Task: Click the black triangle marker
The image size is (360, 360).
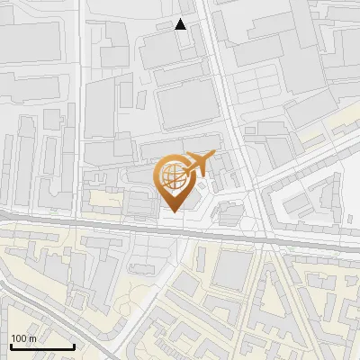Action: [x=181, y=24]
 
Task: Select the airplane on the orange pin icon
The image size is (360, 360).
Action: [x=196, y=163]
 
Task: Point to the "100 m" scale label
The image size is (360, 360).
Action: [x=23, y=338]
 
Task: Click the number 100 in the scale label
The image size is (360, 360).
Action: [x=19, y=338]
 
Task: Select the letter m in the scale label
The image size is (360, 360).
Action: [x=32, y=338]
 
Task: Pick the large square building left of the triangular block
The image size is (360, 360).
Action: [x=231, y=271]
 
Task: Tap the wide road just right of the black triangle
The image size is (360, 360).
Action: [x=205, y=27]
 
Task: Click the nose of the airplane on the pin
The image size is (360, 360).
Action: [x=213, y=154]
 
